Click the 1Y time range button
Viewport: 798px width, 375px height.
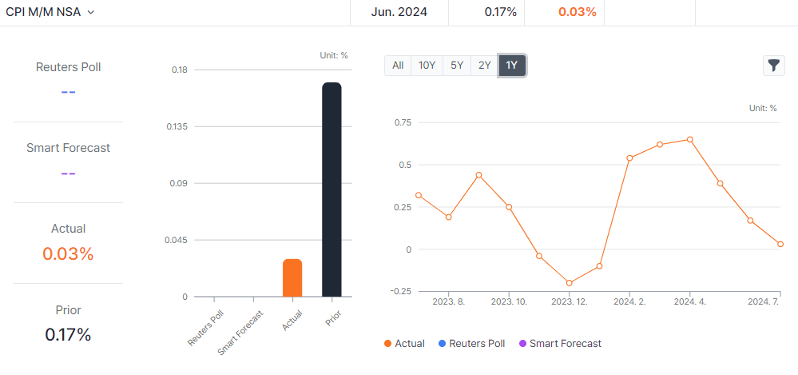[511, 66]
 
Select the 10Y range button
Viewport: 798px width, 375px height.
[427, 66]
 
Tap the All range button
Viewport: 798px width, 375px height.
[398, 66]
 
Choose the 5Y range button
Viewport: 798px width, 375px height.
[457, 66]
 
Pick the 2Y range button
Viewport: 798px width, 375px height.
[484, 66]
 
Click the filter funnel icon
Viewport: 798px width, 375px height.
[774, 66]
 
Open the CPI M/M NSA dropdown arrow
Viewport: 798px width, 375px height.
[90, 12]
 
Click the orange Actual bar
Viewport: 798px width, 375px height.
[292, 277]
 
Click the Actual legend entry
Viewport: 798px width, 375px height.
[404, 343]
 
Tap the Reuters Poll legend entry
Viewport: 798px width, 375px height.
[471, 343]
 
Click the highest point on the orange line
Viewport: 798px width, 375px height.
[690, 139]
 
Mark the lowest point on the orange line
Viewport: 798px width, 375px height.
[570, 283]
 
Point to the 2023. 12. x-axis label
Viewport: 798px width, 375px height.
[570, 301]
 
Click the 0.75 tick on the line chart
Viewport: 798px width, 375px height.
[402, 122]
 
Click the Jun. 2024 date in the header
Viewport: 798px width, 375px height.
[399, 12]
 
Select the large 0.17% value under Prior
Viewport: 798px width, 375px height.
[68, 334]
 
